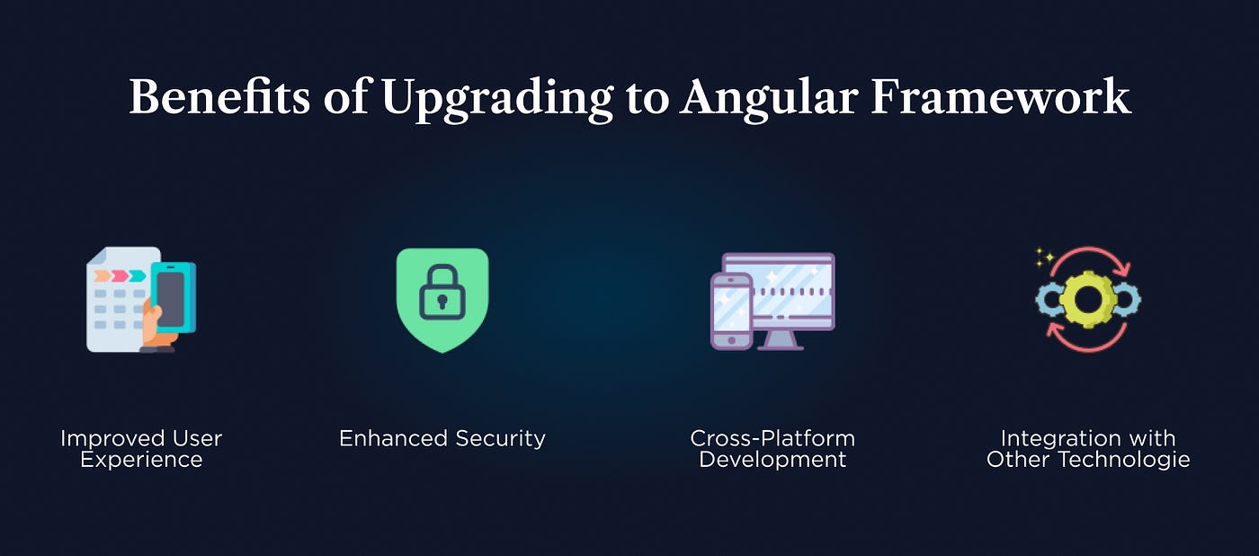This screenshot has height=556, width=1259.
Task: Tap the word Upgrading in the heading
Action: [496, 98]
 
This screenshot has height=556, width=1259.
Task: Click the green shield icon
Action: [442, 300]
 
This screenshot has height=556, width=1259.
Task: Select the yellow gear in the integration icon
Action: [1088, 299]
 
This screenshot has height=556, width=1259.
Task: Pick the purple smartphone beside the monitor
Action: [731, 311]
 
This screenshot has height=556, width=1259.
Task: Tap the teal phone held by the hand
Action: [173, 298]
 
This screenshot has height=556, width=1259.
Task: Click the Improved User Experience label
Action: [141, 449]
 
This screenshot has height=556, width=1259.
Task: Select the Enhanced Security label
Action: [442, 438]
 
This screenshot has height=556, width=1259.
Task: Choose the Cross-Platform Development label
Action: [772, 449]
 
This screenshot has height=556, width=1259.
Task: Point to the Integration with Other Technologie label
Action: [1088, 449]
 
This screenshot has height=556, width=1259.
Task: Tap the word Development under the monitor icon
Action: [772, 460]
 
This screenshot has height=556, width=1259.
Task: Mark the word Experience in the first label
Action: [141, 460]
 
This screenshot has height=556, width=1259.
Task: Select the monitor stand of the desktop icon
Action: [780, 340]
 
